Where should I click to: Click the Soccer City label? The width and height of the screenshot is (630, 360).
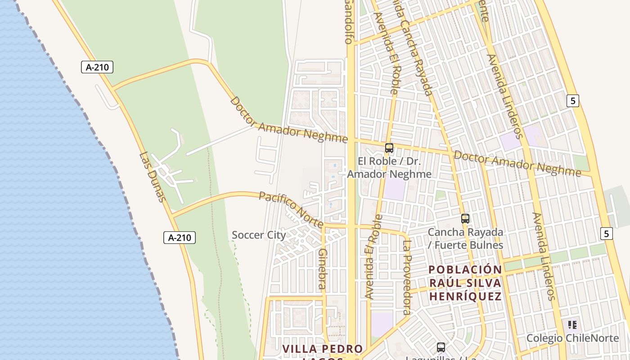coord(259,235)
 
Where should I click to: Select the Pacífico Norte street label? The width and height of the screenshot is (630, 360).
coord(291,209)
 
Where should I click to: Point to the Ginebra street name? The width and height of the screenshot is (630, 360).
coord(322,269)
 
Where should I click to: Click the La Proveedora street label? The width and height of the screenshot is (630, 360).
coord(407,277)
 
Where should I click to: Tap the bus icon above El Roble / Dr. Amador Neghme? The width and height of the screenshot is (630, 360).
coord(389,148)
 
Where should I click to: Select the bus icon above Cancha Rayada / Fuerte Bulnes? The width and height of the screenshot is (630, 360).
coord(465,219)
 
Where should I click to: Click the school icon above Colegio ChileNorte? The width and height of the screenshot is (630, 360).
coord(572,325)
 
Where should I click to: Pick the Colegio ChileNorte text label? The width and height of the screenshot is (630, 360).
coord(572,338)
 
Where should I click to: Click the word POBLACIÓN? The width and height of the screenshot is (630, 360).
coord(465,270)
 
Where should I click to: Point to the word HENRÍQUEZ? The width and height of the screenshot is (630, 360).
coord(465,297)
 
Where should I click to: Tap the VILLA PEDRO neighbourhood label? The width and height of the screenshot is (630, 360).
coord(323,349)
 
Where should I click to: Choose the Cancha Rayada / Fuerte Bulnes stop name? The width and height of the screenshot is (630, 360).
coord(465,238)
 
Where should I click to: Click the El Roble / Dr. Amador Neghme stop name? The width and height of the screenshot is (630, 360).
coord(389,167)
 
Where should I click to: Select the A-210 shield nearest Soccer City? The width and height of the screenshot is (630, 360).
coord(179,238)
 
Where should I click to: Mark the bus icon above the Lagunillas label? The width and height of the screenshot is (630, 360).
coord(441,347)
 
